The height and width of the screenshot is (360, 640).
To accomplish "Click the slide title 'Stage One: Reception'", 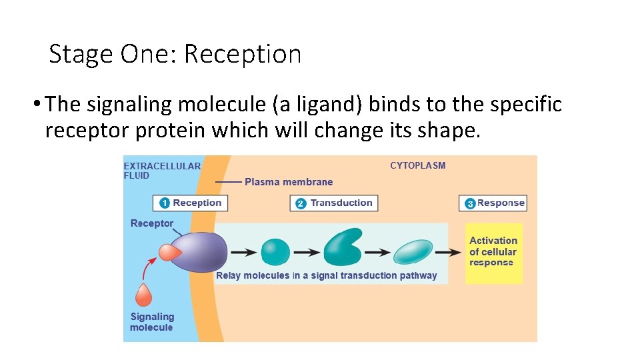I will coord(175,54).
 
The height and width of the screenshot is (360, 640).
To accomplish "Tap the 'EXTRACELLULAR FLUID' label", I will coord(162,171).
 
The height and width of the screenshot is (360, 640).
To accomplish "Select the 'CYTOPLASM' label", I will coord(417,165).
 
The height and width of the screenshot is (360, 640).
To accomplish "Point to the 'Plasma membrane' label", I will coord(289,182).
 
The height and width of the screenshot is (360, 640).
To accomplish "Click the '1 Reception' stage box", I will coord(190,203).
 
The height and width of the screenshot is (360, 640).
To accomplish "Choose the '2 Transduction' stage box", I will coord(334,203).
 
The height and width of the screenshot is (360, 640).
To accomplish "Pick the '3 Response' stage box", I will coord(493,203).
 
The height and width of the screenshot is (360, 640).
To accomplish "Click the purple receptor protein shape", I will coord(200,252).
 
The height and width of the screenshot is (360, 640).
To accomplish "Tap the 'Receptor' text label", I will coord(152,223).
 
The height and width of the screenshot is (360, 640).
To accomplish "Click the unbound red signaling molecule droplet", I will coord(143,296).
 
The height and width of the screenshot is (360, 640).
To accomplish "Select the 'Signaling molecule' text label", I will coord(152,322).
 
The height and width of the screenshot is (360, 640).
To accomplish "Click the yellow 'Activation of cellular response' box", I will coord(493,252).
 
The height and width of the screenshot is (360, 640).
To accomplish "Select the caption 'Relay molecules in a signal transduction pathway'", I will coord(327,275).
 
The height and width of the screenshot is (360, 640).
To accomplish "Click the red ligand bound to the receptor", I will coord(168,252).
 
